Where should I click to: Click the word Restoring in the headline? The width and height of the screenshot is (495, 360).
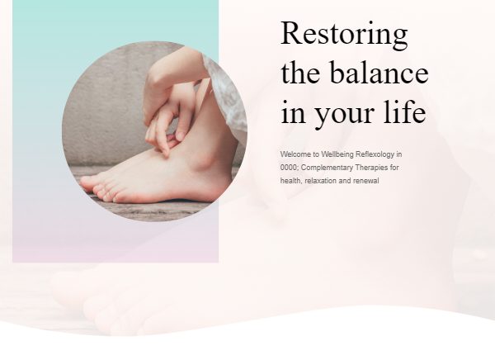click(344, 35)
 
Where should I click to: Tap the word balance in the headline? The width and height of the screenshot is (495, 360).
click(379, 73)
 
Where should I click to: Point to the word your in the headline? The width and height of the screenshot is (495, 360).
click(345, 116)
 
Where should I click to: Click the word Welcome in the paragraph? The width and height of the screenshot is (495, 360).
click(295, 154)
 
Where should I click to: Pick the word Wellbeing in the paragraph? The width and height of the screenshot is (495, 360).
click(337, 154)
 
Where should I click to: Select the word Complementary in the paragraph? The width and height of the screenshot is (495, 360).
click(327, 168)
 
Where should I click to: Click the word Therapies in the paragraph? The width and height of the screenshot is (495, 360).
click(371, 168)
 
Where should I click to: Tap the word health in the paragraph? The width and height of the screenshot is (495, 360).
click(290, 181)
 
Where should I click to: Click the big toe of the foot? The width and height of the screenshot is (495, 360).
click(87, 182)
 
